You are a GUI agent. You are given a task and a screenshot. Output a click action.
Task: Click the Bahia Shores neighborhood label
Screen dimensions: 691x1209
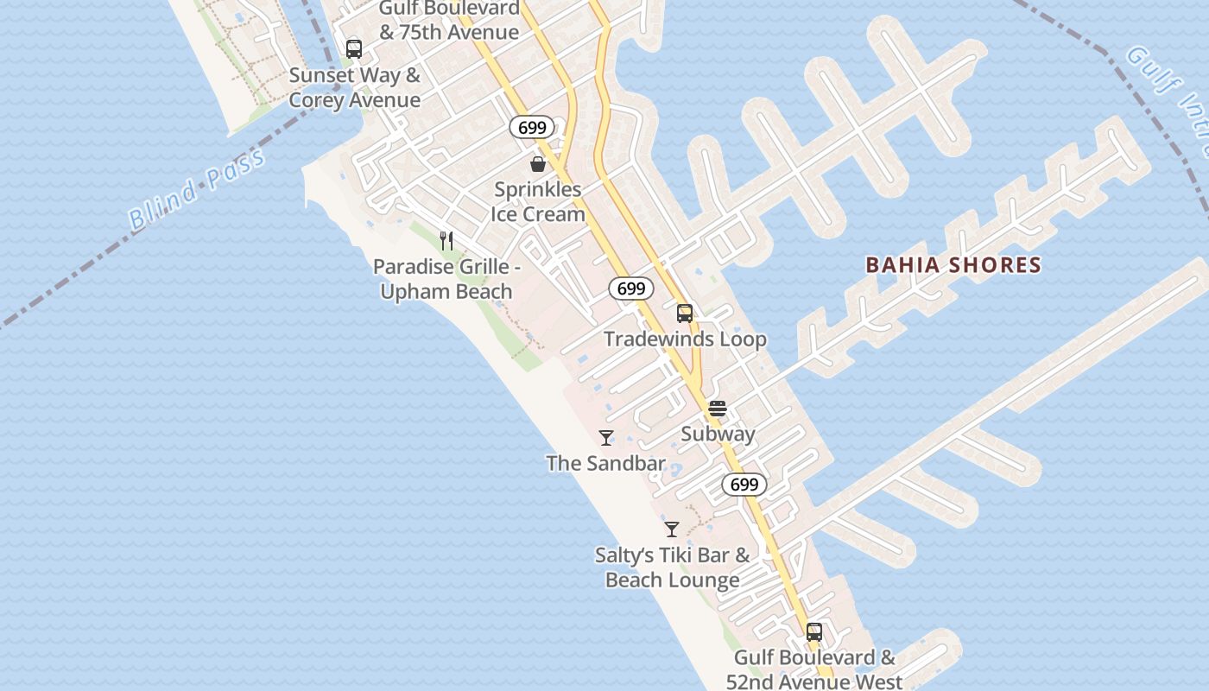click(x=953, y=265)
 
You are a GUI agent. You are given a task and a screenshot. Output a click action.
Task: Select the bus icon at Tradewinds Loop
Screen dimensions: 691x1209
click(x=685, y=314)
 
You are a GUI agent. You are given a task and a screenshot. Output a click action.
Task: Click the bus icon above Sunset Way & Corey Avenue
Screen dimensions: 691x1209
click(x=354, y=49)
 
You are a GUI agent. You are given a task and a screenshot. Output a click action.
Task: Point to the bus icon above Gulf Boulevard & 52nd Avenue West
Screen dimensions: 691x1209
click(x=814, y=632)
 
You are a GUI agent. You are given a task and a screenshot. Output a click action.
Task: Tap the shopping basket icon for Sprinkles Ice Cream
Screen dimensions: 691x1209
click(x=538, y=163)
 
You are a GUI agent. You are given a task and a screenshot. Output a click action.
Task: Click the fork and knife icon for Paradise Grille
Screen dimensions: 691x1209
click(x=446, y=240)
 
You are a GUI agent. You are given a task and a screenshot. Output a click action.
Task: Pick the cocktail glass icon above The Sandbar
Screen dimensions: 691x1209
click(x=606, y=438)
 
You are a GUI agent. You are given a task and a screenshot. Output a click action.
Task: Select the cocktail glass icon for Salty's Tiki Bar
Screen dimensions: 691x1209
click(x=672, y=529)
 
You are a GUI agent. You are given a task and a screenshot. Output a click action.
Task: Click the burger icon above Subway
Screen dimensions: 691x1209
click(x=718, y=409)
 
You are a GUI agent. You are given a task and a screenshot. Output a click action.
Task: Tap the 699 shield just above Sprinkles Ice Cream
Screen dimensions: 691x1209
click(x=532, y=128)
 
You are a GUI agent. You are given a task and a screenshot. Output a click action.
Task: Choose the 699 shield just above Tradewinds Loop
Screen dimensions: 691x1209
click(x=631, y=288)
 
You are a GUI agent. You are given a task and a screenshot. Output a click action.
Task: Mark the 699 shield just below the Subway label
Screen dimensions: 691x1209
click(x=744, y=485)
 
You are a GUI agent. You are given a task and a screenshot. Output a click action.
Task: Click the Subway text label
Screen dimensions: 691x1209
click(x=718, y=434)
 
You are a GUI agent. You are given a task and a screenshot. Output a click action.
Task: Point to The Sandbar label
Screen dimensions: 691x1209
click(x=606, y=463)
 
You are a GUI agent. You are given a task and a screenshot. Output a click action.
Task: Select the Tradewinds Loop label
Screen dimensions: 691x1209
click(x=685, y=339)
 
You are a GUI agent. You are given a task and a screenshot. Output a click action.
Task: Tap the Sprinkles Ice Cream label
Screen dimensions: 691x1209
click(x=538, y=201)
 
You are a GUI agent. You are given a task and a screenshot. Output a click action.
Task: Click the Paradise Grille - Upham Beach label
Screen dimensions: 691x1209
click(x=446, y=279)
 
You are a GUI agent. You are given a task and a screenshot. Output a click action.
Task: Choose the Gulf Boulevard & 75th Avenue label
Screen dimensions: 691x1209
click(x=450, y=21)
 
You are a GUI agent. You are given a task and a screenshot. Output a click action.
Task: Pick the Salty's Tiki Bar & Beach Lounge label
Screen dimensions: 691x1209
click(x=672, y=567)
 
